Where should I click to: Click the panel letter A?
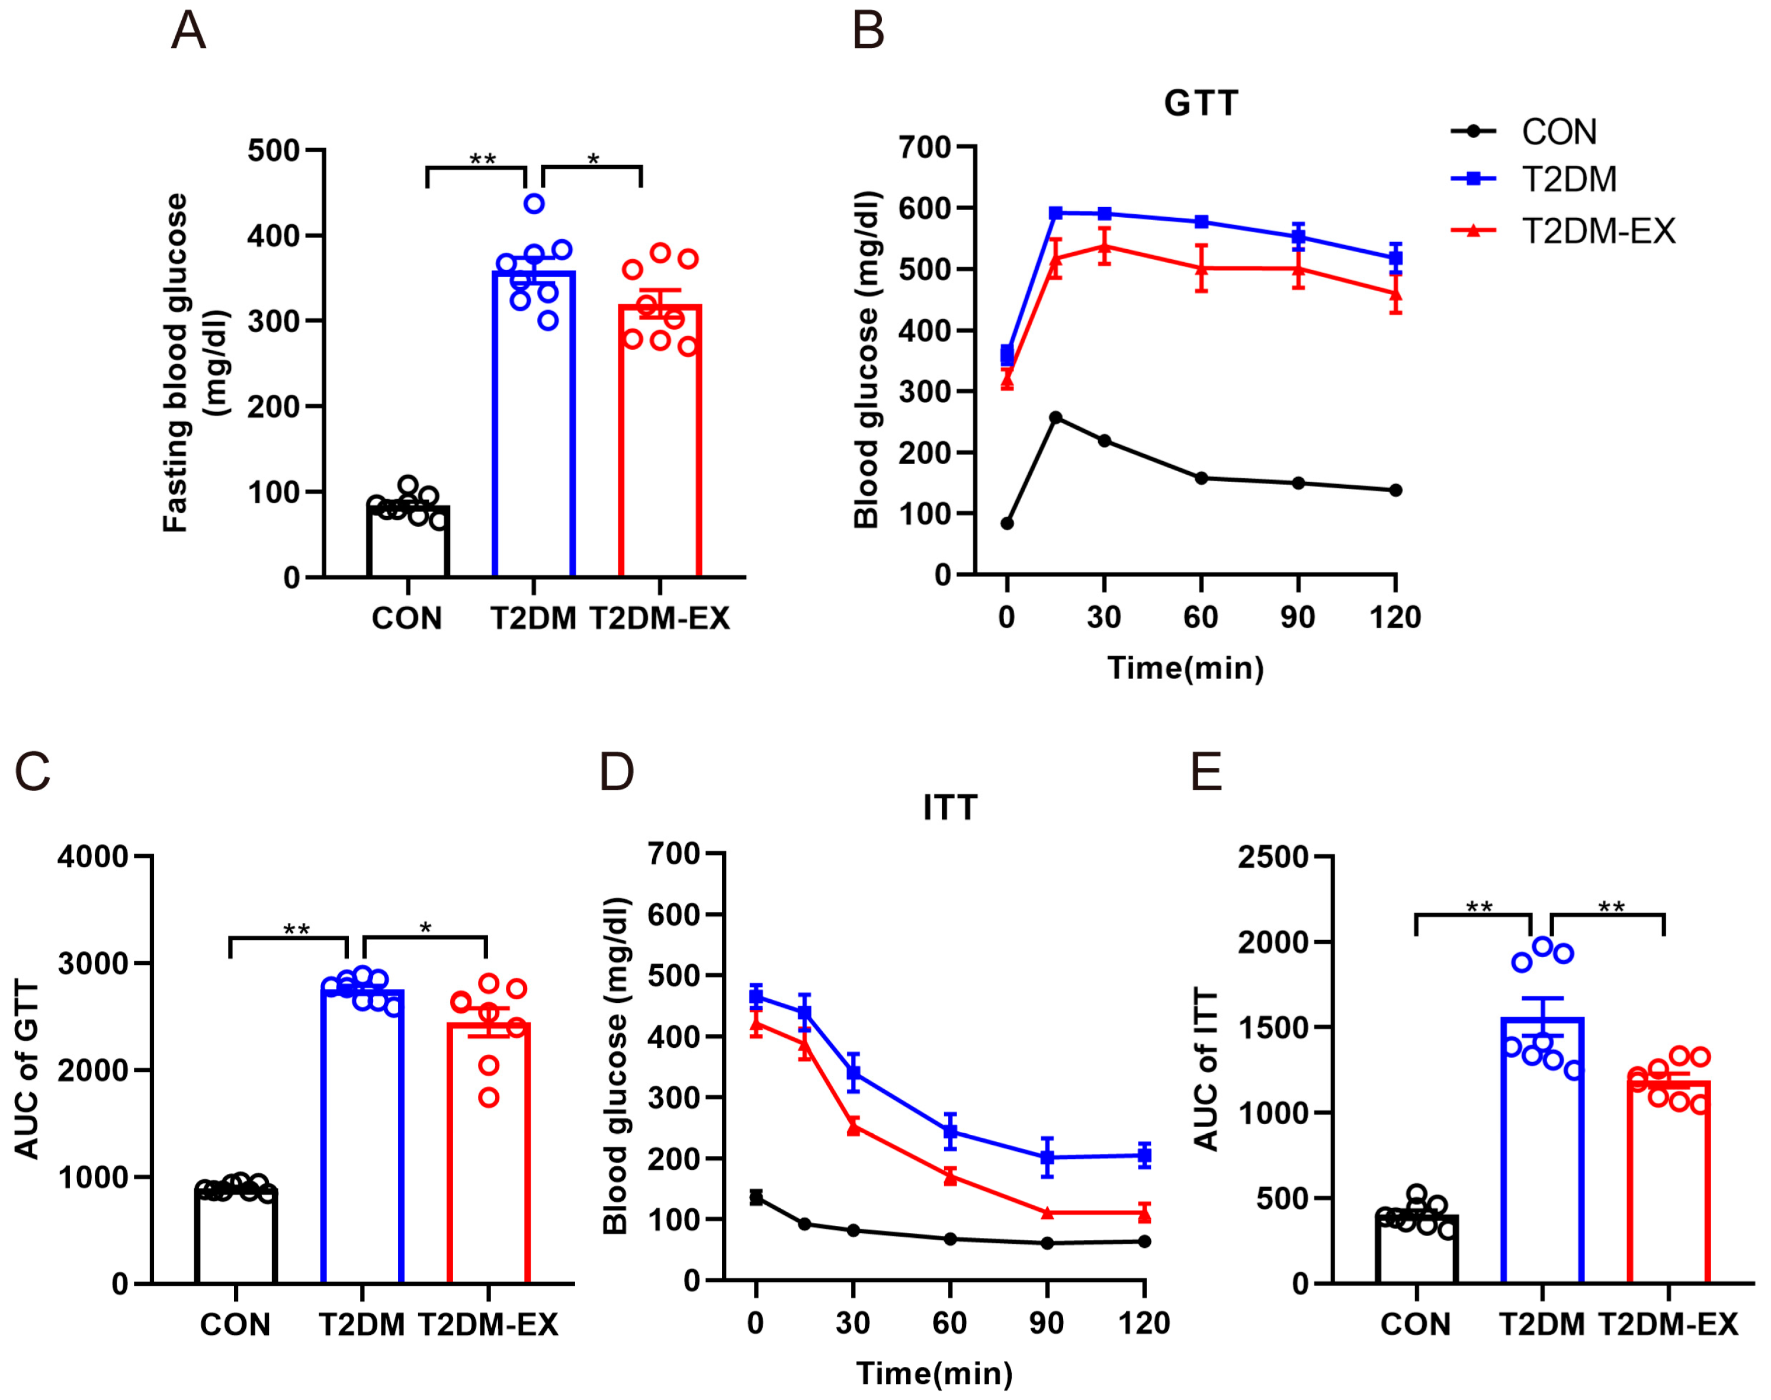[188, 32]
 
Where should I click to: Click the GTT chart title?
[1201, 103]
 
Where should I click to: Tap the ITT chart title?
[950, 807]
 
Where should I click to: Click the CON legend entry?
[1558, 132]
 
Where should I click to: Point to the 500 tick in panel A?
[274, 151]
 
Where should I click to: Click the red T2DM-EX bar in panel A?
[660, 443]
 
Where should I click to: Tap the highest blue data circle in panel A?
[534, 203]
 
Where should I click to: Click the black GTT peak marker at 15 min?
[1056, 417]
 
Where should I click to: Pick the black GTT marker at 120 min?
[1395, 490]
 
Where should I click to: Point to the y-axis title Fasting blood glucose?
[175, 362]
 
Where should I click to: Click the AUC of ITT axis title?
[1206, 1070]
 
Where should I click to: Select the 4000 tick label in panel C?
[92, 857]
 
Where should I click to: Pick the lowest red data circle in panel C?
[489, 1098]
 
